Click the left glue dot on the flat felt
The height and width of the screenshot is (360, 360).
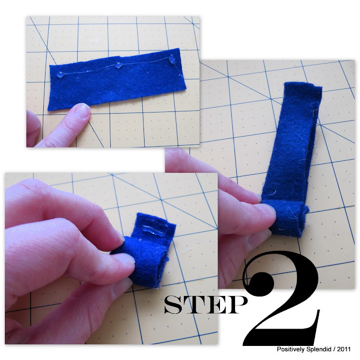pyautogui.click(x=60, y=74)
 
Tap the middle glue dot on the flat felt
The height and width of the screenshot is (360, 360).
pyautogui.click(x=118, y=65)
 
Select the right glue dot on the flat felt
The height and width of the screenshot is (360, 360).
pyautogui.click(x=172, y=60)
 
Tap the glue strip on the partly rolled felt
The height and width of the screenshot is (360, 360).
pyautogui.click(x=151, y=230)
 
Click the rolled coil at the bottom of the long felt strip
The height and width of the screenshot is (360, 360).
pyautogui.click(x=285, y=218)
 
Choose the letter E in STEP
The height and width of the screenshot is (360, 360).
pyautogui.click(x=213, y=305)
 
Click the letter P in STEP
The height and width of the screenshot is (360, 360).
pyautogui.click(x=234, y=305)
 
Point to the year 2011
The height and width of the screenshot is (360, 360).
pyautogui.click(x=344, y=349)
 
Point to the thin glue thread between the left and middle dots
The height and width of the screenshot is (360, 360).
pyautogui.click(x=89, y=70)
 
